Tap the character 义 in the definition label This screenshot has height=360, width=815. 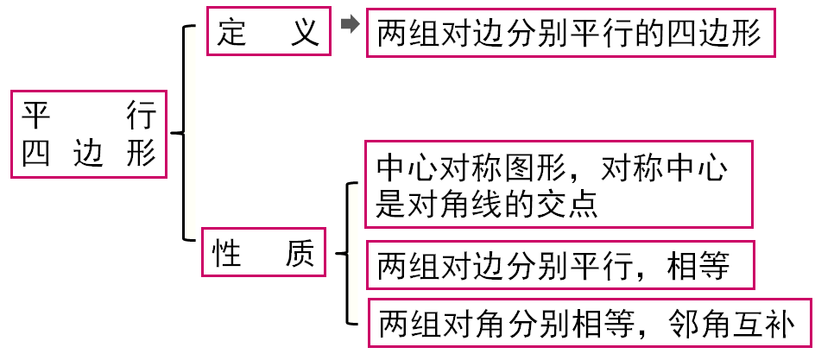coord(305,34)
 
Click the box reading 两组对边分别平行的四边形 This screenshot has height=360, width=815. coord(570,35)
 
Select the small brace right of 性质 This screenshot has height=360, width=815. coord(345,254)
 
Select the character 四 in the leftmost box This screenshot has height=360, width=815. coord(37,154)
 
